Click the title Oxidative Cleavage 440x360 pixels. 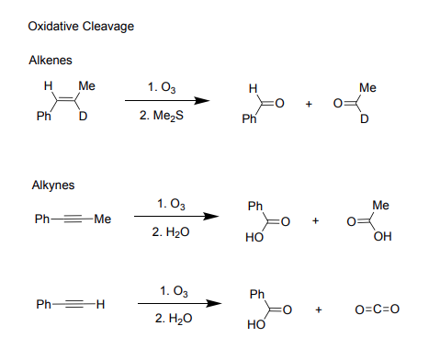(81, 26)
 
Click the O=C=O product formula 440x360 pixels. (378, 308)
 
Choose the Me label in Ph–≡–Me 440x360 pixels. (102, 218)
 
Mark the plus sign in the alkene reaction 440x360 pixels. (310, 105)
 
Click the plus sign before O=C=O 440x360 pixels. (318, 309)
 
